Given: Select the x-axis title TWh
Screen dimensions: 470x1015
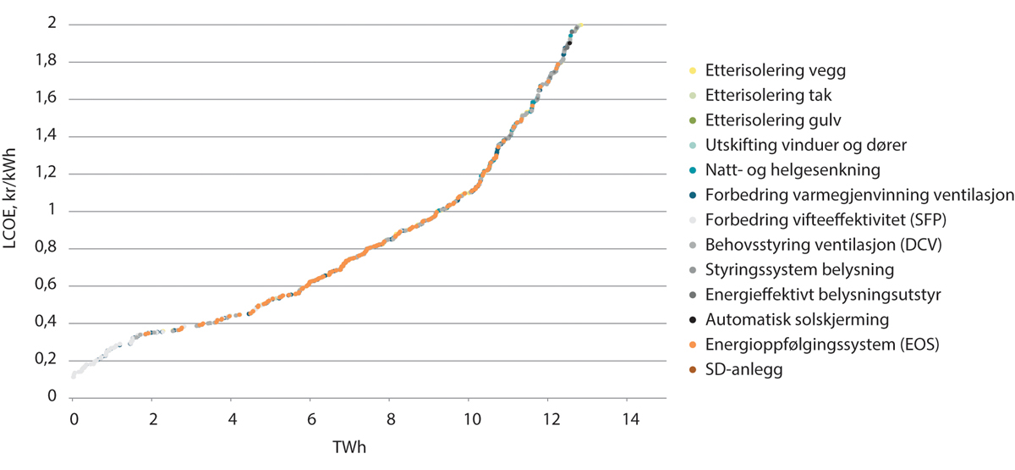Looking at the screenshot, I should tap(351, 445).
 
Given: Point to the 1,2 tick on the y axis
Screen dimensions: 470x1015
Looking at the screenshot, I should tap(49, 174).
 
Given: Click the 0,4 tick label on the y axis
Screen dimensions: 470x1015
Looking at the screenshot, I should tap(49, 323).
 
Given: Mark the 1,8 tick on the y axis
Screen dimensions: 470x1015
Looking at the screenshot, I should tap(49, 62).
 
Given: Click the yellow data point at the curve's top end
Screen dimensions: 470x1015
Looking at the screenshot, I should tap(581, 25).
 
